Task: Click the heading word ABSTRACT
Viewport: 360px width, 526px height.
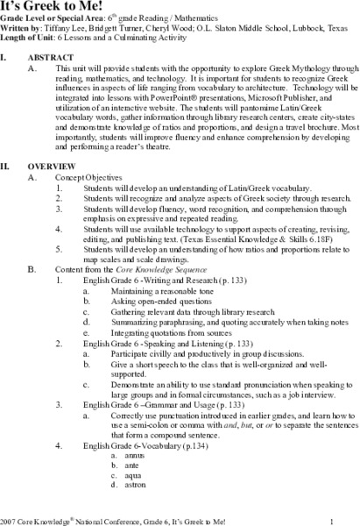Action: tap(77, 58)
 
